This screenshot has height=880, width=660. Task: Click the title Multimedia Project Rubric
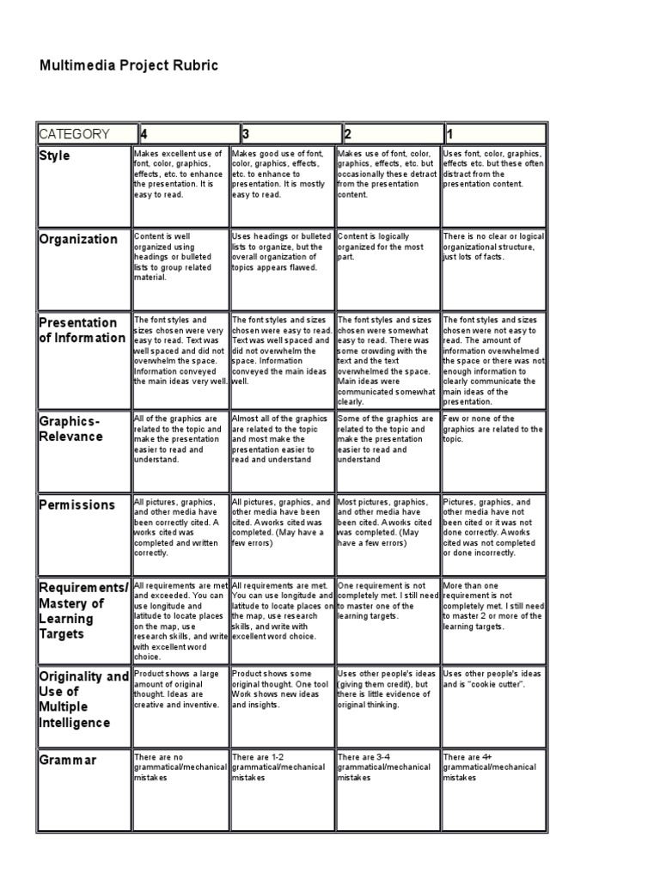[x=128, y=66]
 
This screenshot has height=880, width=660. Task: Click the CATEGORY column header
[x=85, y=133]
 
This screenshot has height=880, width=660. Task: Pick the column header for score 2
[x=389, y=133]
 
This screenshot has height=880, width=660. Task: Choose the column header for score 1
[x=493, y=133]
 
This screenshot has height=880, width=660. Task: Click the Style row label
[x=55, y=156]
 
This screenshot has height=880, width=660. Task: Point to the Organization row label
[x=79, y=239]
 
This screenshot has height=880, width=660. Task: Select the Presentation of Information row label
[x=82, y=330]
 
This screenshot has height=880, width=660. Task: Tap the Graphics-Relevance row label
[x=71, y=428]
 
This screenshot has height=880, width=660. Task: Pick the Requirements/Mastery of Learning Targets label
[x=83, y=610]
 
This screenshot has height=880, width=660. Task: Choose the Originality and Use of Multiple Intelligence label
[x=83, y=699]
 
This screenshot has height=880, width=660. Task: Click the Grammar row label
[x=68, y=760]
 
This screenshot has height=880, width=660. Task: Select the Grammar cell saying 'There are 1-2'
[x=281, y=767]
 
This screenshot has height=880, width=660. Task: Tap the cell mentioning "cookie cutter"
[x=492, y=679]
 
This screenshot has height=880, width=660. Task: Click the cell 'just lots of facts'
[x=492, y=246]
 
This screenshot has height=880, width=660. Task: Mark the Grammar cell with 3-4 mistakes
[x=388, y=767]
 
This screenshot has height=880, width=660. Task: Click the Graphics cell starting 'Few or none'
[x=492, y=428]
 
